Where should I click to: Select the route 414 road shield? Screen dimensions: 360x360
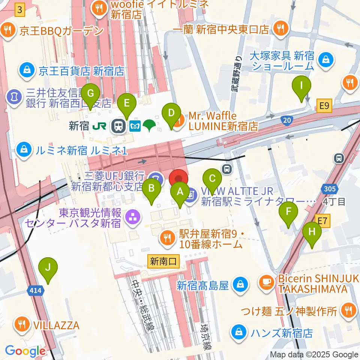(x=36, y=290)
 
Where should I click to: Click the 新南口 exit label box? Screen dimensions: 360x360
(x=164, y=261)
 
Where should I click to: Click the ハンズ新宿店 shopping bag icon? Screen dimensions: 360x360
(x=238, y=332)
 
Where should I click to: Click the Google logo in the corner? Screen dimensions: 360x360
(x=25, y=351)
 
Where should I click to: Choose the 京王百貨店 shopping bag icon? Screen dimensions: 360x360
(x=27, y=70)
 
